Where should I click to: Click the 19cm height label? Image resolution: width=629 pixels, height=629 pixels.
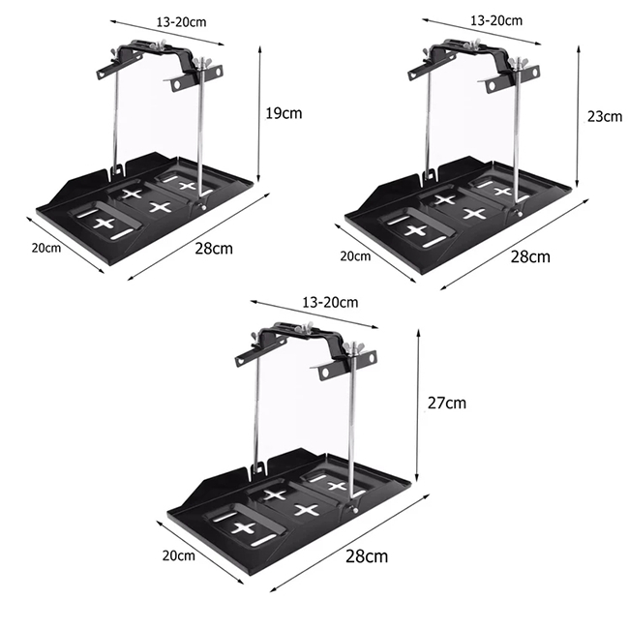pyautogui.click(x=284, y=113)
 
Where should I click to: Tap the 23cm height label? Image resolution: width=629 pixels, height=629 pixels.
pyautogui.click(x=605, y=117)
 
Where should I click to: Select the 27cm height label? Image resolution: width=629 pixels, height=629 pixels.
pyautogui.click(x=447, y=403)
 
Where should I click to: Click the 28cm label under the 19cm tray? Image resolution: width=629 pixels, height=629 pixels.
pyautogui.click(x=214, y=249)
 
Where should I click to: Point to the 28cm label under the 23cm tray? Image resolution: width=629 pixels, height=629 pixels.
pyautogui.click(x=530, y=256)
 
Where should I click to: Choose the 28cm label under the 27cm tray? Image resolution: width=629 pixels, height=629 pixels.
pyautogui.click(x=367, y=556)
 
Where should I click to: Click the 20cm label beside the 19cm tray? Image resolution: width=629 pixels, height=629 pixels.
pyautogui.click(x=46, y=248)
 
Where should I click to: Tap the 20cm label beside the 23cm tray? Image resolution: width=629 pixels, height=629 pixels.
pyautogui.click(x=355, y=255)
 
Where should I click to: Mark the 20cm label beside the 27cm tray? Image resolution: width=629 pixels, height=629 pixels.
pyautogui.click(x=178, y=555)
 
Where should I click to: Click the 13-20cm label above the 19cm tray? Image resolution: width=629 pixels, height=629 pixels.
pyautogui.click(x=181, y=21)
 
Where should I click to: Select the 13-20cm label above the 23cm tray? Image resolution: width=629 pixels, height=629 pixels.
pyautogui.click(x=496, y=20)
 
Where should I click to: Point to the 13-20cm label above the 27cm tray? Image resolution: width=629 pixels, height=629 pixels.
pyautogui.click(x=330, y=302)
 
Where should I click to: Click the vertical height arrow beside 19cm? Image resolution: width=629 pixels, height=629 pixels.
pyautogui.click(x=259, y=114)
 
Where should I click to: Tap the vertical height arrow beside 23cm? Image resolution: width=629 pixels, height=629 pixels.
pyautogui.click(x=578, y=116)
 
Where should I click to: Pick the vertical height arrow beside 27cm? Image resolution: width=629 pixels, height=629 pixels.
pyautogui.click(x=418, y=405)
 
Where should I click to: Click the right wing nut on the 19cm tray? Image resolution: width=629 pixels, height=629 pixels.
pyautogui.click(x=199, y=63)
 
